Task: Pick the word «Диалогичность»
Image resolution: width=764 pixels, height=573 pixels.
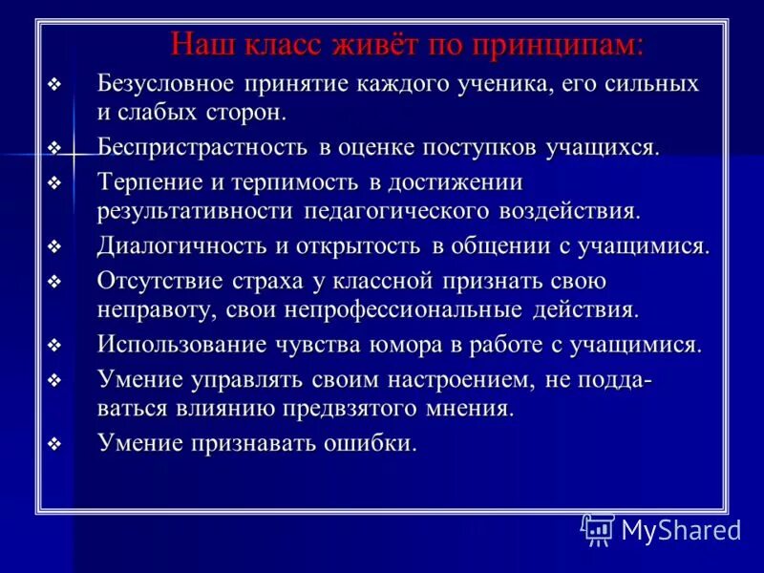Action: pyautogui.click(x=184, y=246)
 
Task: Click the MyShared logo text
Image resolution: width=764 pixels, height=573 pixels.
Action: pyautogui.click(x=681, y=529)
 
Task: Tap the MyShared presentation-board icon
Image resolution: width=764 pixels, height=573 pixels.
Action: pyautogui.click(x=599, y=529)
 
